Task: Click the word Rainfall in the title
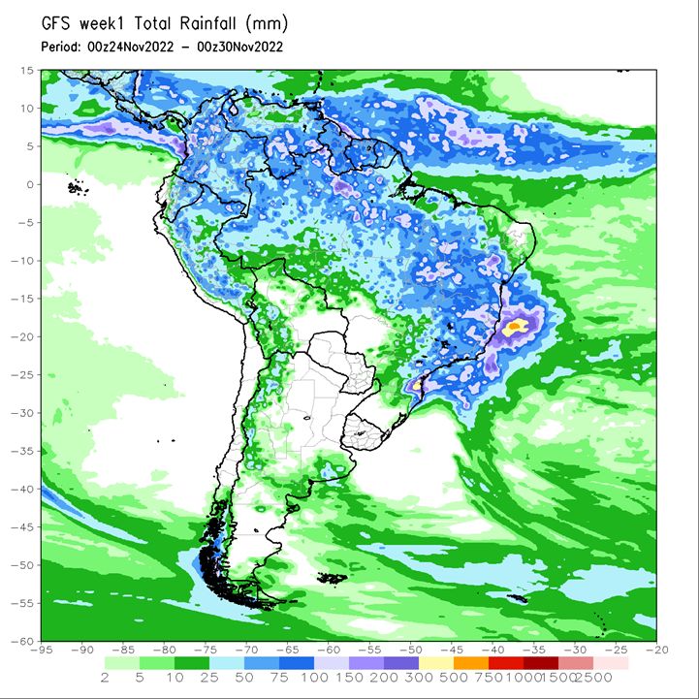pyautogui.click(x=207, y=23)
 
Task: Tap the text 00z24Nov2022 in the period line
pyautogui.click(x=130, y=47)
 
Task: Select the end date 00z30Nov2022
pyautogui.click(x=239, y=47)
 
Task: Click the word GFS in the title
pyautogui.click(x=56, y=23)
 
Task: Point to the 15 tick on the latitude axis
pyautogui.click(x=27, y=71)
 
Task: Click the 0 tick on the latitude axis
pyautogui.click(x=30, y=184)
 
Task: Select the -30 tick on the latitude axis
pyautogui.click(x=22, y=413)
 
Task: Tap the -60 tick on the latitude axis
pyautogui.click(x=22, y=641)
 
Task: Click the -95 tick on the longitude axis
pyautogui.click(x=41, y=650)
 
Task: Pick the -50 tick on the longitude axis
pyautogui.click(x=410, y=650)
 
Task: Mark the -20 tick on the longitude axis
pyautogui.click(x=656, y=650)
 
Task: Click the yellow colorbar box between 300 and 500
pyautogui.click(x=436, y=663)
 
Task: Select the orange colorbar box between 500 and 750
pyautogui.click(x=471, y=663)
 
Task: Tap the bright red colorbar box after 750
pyautogui.click(x=505, y=663)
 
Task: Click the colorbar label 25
pyautogui.click(x=209, y=678)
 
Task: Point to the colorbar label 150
pyautogui.click(x=348, y=678)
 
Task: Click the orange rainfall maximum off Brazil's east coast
pyautogui.click(x=515, y=326)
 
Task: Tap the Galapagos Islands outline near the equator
pyautogui.click(x=78, y=188)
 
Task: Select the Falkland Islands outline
pyautogui.click(x=333, y=578)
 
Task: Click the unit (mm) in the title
pyautogui.click(x=267, y=23)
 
